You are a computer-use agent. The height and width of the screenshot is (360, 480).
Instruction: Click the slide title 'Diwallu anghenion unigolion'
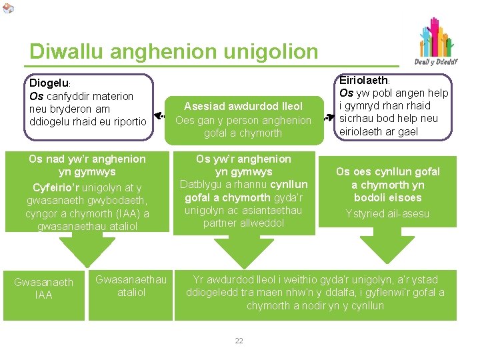pyautogui.click(x=174, y=51)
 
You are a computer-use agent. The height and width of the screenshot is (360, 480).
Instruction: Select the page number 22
pyautogui.click(x=239, y=341)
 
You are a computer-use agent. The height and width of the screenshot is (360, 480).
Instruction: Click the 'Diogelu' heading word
pyautogui.click(x=49, y=83)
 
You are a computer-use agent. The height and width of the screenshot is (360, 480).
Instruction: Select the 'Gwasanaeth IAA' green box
pyautogui.click(x=43, y=289)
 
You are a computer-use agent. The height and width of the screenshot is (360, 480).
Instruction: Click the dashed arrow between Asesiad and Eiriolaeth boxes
pyautogui.click(x=327, y=117)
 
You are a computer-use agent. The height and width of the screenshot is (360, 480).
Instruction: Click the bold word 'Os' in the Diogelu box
pyautogui.click(x=36, y=96)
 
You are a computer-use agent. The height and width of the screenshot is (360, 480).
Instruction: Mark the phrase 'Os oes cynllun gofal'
pyautogui.click(x=388, y=171)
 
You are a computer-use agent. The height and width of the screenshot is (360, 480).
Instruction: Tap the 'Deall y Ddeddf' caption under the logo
pyautogui.click(x=436, y=63)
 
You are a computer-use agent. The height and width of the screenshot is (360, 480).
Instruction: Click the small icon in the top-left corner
pyautogui.click(x=7, y=8)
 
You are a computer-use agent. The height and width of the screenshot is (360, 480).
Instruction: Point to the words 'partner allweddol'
pyautogui.click(x=243, y=223)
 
